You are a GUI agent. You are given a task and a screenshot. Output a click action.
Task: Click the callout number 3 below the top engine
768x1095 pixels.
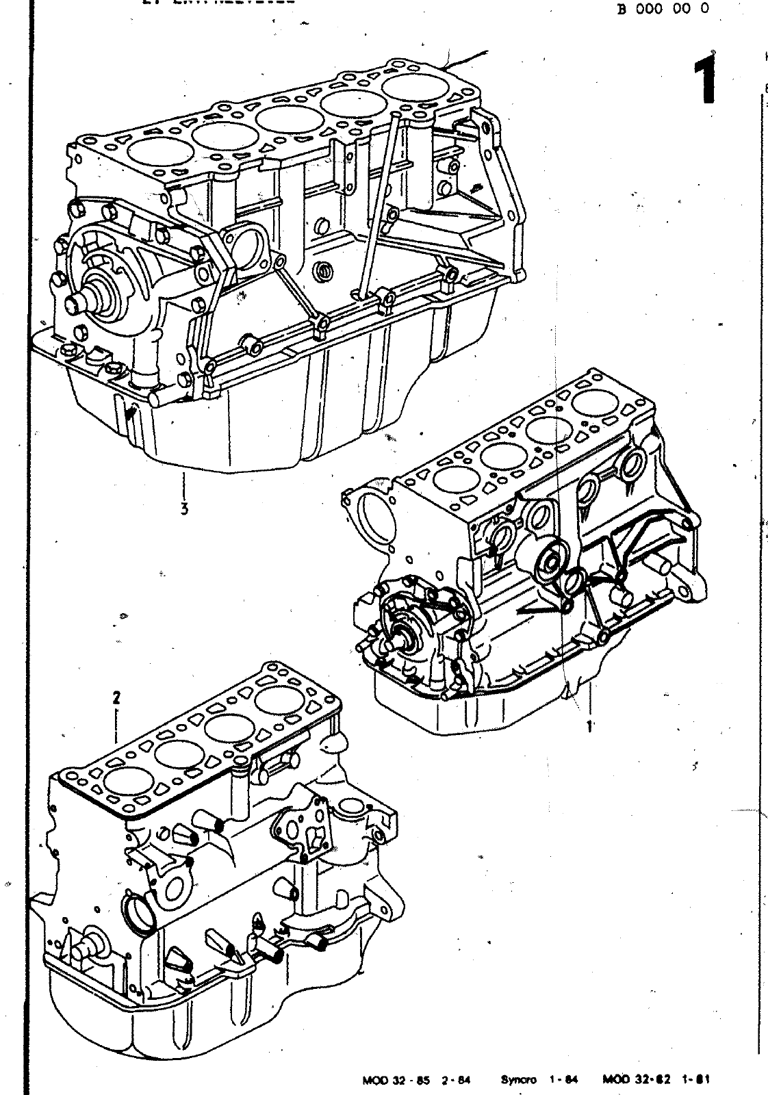[184, 508]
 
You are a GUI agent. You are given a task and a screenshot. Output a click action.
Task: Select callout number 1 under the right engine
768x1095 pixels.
[588, 725]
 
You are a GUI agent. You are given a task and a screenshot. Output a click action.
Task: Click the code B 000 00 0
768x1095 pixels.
[663, 9]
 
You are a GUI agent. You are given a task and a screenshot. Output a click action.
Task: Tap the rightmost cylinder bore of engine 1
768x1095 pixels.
[593, 402]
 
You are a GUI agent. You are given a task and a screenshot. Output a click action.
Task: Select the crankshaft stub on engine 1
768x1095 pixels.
[399, 643]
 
